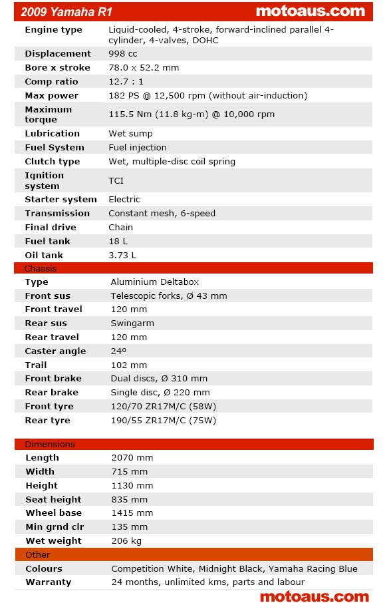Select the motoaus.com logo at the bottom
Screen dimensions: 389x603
pyautogui.click(x=314, y=596)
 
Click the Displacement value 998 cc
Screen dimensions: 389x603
pyautogui.click(x=122, y=53)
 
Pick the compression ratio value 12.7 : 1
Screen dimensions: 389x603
pyautogui.click(x=126, y=81)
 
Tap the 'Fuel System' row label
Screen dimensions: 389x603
pyautogui.click(x=55, y=147)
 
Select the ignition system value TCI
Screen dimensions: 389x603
pyautogui.click(x=116, y=180)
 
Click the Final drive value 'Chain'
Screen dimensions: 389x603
pyautogui.click(x=121, y=227)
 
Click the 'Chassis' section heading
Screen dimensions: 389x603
pyautogui.click(x=41, y=268)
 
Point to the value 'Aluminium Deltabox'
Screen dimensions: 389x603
pyautogui.click(x=155, y=282)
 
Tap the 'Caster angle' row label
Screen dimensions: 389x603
pyautogui.click(x=55, y=351)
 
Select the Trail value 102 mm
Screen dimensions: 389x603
pyautogui.click(x=129, y=365)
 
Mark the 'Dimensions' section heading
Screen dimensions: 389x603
pyautogui.click(x=50, y=444)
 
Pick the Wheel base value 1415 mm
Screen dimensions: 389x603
pyautogui.click(x=132, y=512)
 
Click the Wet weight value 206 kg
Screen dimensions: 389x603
pyautogui.click(x=126, y=540)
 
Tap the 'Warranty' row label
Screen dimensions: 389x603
pyautogui.click(x=49, y=582)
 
